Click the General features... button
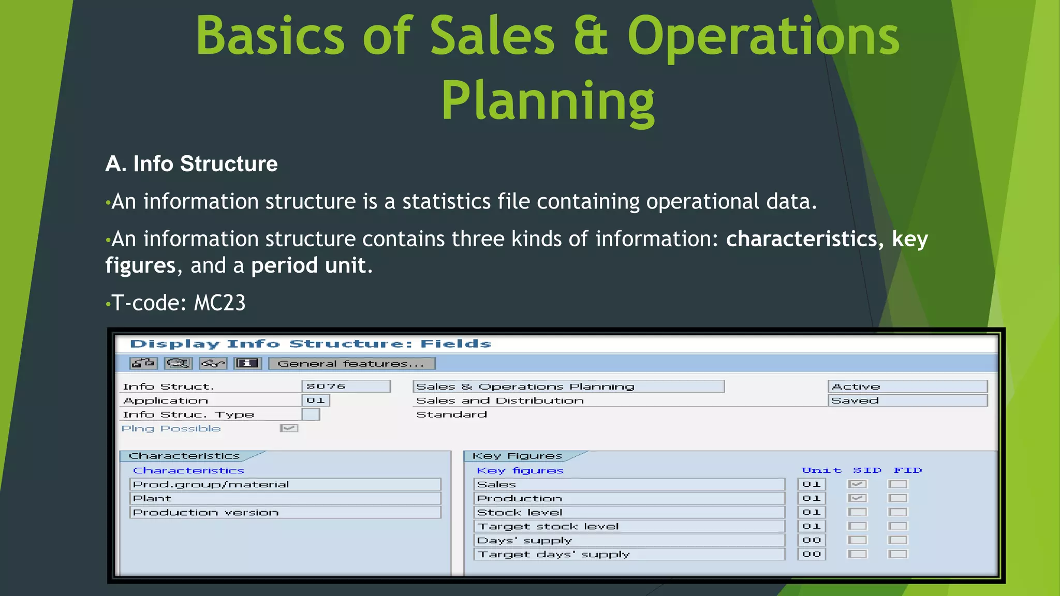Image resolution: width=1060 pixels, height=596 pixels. tap(351, 364)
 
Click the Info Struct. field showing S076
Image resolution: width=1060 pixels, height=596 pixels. tap(345, 386)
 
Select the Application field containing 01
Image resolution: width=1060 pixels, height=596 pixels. tap(315, 400)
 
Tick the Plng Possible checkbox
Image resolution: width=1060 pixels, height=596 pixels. tap(289, 428)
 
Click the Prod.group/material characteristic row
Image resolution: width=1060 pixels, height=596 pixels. tap(285, 484)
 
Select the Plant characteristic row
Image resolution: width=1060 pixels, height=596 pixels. tap(285, 498)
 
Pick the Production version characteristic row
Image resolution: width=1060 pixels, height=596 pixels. tap(285, 512)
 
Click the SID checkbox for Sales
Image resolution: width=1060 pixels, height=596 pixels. tap(857, 484)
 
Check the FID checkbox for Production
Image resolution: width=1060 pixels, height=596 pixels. tap(897, 498)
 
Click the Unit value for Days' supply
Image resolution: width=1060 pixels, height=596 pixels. tap(811, 540)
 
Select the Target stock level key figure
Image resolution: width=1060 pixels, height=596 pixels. tap(629, 526)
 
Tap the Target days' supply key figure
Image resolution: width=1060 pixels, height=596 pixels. tap(629, 554)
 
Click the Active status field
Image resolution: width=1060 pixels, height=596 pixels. tap(907, 386)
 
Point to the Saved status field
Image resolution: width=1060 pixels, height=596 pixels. tap(907, 400)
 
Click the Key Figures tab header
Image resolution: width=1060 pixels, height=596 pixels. tap(518, 456)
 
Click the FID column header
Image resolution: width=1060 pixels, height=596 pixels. tap(907, 470)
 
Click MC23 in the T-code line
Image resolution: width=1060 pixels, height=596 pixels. tap(219, 303)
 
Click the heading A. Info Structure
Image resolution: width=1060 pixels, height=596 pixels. tap(192, 164)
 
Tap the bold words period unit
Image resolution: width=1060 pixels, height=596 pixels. tap(308, 265)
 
